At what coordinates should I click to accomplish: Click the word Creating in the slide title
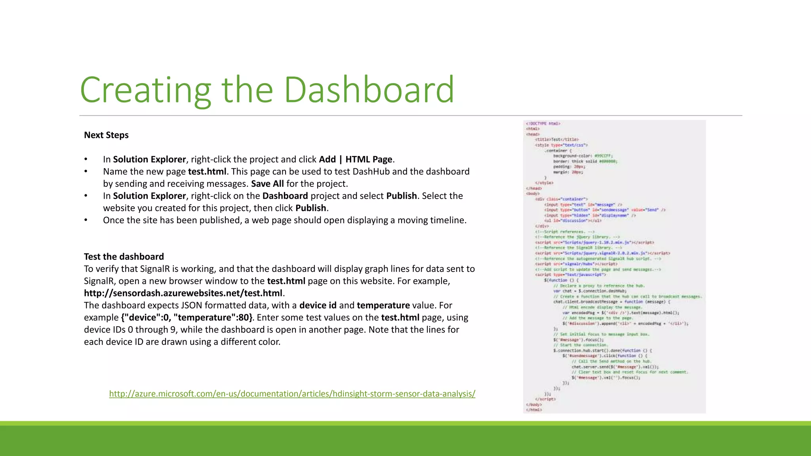tap(145, 90)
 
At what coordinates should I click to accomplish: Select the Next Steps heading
tap(106, 135)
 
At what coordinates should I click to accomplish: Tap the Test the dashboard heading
tap(124, 256)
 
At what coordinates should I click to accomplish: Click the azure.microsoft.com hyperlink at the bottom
tap(292, 393)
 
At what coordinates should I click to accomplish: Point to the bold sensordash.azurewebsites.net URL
tap(183, 293)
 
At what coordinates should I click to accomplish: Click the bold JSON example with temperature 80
tap(187, 317)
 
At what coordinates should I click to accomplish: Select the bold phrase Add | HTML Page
tap(356, 159)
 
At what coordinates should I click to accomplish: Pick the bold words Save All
tap(267, 184)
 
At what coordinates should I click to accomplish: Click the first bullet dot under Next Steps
tap(86, 160)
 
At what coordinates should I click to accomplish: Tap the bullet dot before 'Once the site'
tap(86, 220)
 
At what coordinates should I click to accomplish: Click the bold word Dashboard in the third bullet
tap(285, 196)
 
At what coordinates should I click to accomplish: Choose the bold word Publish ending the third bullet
tap(311, 208)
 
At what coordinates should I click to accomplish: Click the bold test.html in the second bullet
tap(207, 171)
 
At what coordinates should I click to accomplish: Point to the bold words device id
tap(318, 305)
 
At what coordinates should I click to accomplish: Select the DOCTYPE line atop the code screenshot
tap(543, 123)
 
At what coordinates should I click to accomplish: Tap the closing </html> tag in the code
tap(534, 410)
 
